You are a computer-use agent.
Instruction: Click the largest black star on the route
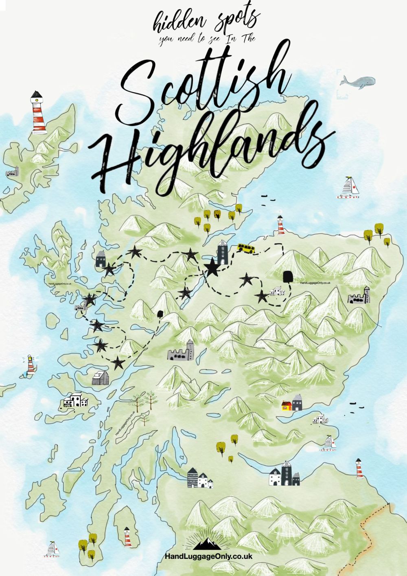point(212,268)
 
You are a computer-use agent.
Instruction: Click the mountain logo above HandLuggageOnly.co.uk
point(208,544)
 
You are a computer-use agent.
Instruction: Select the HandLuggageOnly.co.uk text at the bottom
point(208,556)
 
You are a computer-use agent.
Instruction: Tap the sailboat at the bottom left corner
point(53,550)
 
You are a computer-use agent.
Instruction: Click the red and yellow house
point(287,405)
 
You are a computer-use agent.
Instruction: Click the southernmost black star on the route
point(118,362)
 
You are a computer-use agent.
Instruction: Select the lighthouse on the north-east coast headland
point(280,226)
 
